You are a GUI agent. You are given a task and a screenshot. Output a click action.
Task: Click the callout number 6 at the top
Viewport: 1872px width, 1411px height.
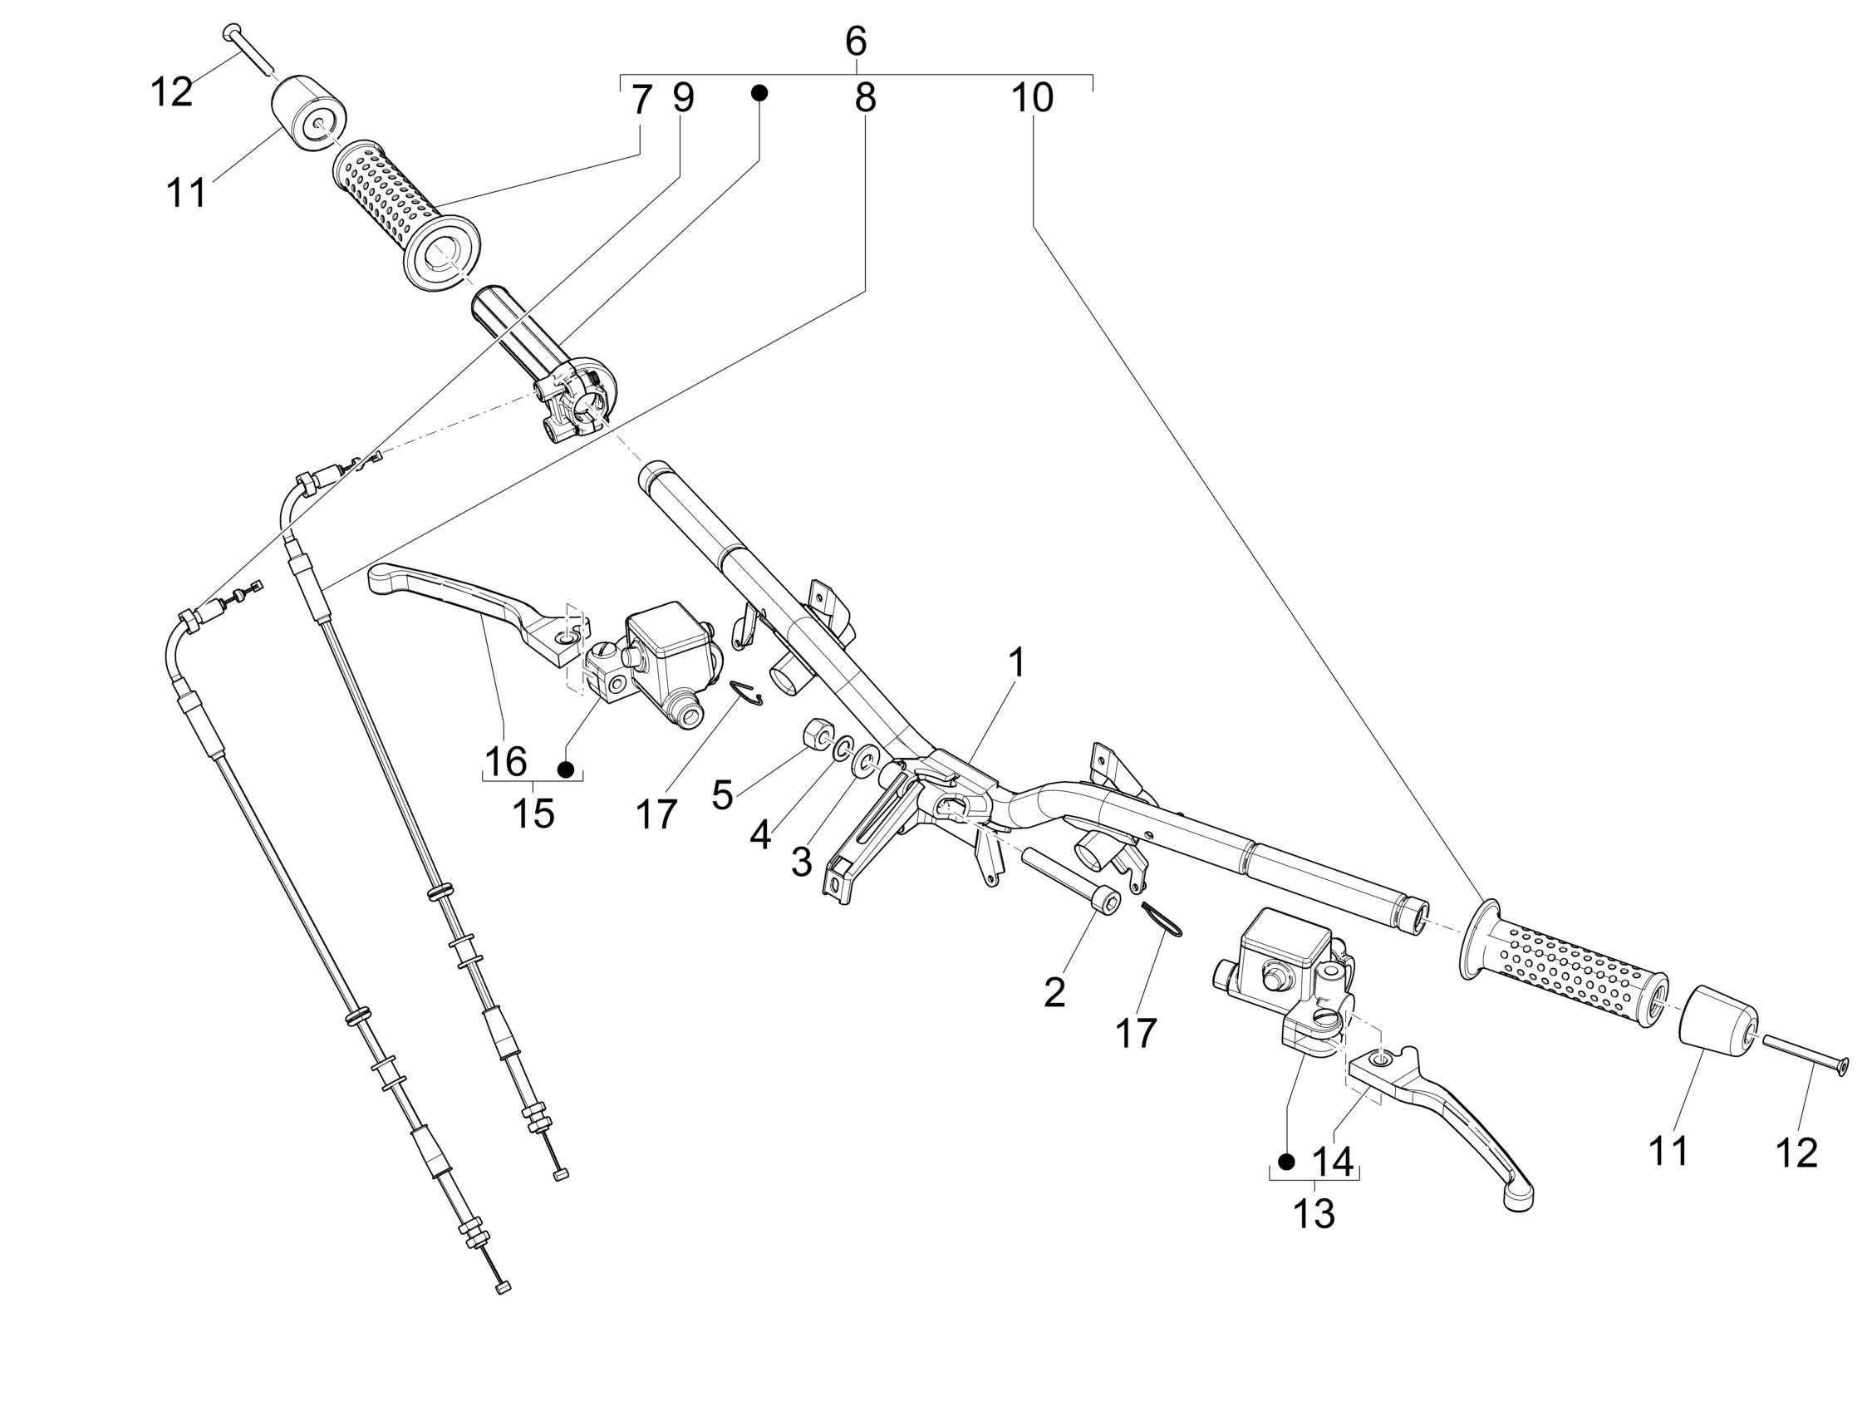click(x=856, y=41)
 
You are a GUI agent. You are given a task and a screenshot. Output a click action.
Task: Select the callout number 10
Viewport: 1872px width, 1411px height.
click(x=1033, y=99)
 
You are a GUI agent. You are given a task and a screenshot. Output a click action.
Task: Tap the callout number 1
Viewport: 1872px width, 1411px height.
click(x=1017, y=663)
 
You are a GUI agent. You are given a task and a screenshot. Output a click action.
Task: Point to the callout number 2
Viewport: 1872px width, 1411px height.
click(x=1054, y=993)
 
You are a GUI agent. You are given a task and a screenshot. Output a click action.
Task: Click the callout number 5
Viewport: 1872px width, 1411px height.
click(x=722, y=795)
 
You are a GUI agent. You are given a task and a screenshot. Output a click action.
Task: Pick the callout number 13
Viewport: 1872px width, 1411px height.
click(x=1314, y=1215)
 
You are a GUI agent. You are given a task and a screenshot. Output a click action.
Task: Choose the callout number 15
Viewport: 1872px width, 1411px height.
click(x=534, y=814)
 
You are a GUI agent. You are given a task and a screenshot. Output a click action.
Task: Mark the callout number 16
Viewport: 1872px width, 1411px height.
click(x=506, y=762)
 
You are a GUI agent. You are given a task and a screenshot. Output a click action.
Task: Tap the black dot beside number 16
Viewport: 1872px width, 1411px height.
click(x=566, y=769)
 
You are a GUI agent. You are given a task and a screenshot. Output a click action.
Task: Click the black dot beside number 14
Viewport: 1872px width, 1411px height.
click(x=1286, y=1163)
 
